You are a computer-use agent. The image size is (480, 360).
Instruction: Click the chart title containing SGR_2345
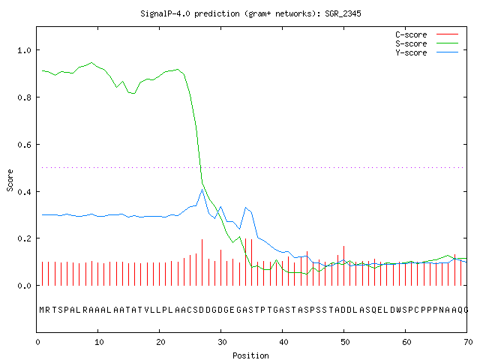pyautogui.click(x=250, y=13)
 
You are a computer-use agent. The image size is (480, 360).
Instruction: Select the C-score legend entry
pyautogui.click(x=427, y=34)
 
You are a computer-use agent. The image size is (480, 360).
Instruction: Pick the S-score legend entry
pyautogui.click(x=427, y=43)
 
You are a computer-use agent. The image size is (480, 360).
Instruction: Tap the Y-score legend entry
pyautogui.click(x=427, y=52)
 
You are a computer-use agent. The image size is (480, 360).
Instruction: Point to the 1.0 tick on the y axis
pyautogui.click(x=25, y=50)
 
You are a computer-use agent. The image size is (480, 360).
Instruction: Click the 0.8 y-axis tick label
pyautogui.click(x=25, y=97)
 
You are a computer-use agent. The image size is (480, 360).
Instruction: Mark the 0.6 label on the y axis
pyautogui.click(x=25, y=145)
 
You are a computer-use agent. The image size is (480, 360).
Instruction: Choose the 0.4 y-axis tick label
pyautogui.click(x=25, y=192)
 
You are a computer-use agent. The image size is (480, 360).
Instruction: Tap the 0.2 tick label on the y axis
pyautogui.click(x=25, y=238)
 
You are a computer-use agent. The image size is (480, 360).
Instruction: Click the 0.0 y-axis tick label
pyautogui.click(x=25, y=286)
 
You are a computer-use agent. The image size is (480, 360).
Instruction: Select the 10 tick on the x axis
pyautogui.click(x=99, y=342)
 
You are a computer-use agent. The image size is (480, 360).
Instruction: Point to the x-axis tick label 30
pyautogui.click(x=222, y=342)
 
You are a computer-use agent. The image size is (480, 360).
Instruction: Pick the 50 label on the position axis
pyautogui.click(x=345, y=342)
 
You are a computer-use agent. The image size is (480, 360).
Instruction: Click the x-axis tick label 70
pyautogui.click(x=468, y=342)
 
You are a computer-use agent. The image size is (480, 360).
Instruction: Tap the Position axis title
pyautogui.click(x=250, y=355)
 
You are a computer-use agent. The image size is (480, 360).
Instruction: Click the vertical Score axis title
pyautogui.click(x=10, y=180)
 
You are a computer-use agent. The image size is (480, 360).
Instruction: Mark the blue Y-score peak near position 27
pyautogui.click(x=202, y=190)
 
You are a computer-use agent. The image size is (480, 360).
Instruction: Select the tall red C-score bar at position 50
pyautogui.click(x=343, y=265)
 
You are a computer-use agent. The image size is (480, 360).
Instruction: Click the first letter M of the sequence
pyautogui.click(x=42, y=310)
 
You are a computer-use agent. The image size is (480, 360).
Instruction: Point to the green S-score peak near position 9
pyautogui.click(x=91, y=62)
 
